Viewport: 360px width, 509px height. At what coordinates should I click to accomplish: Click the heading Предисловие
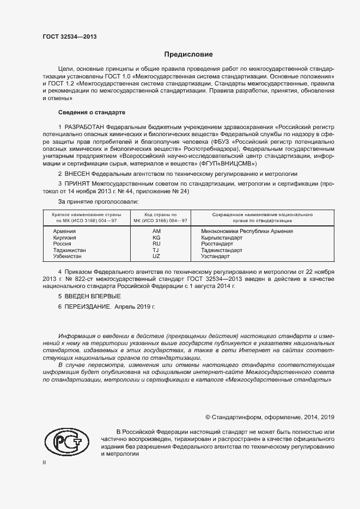pos(188,54)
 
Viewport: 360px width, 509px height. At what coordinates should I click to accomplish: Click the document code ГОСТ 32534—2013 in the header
pos(69,36)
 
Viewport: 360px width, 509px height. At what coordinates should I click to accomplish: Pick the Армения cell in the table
pos(64,231)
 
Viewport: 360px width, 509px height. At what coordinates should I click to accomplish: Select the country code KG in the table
pos(156,238)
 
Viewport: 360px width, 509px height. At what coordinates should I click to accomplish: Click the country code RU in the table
pos(156,244)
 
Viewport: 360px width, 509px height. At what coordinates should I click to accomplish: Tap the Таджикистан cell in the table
pos(69,250)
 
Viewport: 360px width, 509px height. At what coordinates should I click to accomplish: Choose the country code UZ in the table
pos(156,256)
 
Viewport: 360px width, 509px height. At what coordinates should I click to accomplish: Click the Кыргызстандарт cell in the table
pos(223,238)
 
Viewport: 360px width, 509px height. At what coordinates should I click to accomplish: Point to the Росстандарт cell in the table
pos(217,244)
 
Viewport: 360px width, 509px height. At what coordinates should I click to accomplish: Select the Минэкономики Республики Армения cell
pos(247,231)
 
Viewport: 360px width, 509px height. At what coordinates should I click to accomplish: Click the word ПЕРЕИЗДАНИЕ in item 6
pos(87,307)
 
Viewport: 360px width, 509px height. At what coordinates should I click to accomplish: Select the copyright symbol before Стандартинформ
pos(208,417)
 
